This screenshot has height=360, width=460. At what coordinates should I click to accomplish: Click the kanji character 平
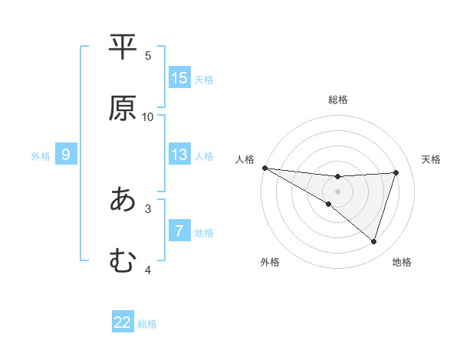coord(123,47)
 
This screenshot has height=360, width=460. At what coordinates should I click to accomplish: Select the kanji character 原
coord(123,108)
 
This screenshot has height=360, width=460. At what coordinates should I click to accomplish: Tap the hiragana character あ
coord(123,200)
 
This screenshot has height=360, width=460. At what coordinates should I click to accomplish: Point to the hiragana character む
coord(123,261)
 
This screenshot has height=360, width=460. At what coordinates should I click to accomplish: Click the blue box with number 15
coord(179,78)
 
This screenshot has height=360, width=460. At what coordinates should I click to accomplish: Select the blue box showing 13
coord(179,155)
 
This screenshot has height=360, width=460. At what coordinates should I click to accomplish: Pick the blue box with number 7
coord(179,231)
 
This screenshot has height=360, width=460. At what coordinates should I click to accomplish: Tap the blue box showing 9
coord(66,155)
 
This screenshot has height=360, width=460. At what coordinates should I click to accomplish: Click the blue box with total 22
coord(123,322)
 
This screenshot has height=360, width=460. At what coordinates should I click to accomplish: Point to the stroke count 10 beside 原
coord(148,116)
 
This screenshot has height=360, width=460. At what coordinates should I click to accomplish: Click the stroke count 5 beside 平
coord(148,55)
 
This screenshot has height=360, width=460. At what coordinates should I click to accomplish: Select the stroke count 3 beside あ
coord(148,208)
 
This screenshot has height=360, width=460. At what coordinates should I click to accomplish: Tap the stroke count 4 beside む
coord(148,270)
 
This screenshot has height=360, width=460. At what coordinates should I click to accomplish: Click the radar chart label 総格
coord(338,100)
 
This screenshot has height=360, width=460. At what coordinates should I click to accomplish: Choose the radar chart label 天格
coord(432,159)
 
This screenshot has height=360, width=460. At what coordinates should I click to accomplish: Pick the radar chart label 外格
coord(270,262)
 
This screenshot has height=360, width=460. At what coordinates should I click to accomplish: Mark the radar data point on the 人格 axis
coord(264,168)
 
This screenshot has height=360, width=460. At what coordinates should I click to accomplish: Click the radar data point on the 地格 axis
coord(374,241)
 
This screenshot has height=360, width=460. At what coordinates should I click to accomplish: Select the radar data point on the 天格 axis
coord(396,172)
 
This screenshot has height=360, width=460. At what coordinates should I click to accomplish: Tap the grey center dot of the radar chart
coord(338,191)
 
